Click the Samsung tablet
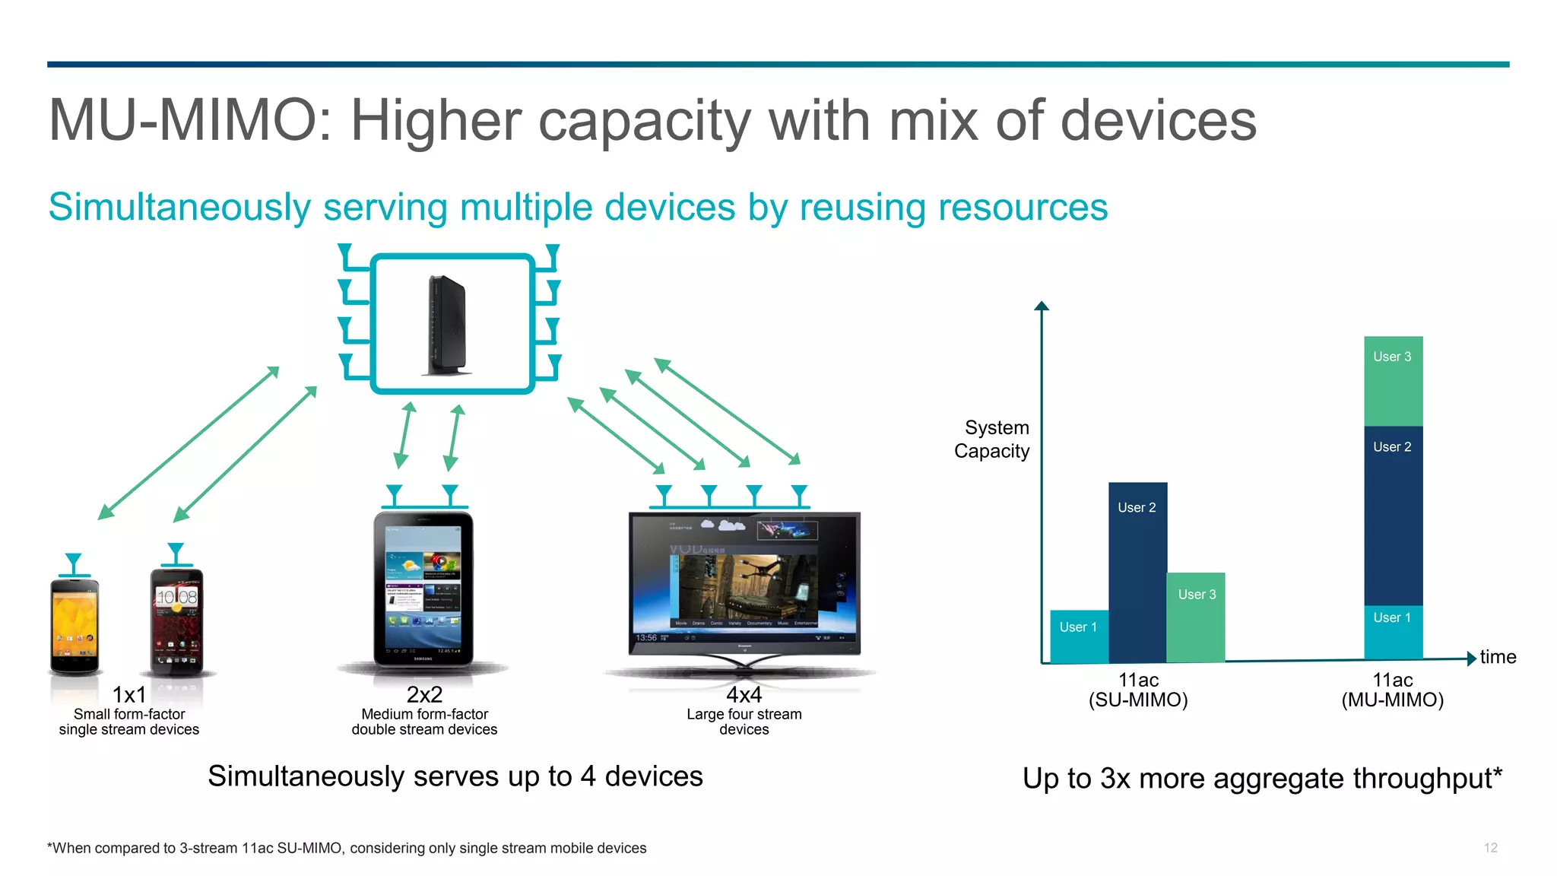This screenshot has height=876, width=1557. (x=423, y=589)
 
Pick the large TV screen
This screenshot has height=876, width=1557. (x=744, y=582)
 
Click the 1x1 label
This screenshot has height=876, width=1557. (x=129, y=694)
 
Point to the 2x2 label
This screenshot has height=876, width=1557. (x=424, y=694)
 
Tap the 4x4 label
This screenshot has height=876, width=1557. (x=744, y=694)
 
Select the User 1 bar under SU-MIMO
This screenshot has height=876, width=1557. (x=1079, y=636)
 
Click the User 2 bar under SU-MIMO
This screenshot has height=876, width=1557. (x=1137, y=572)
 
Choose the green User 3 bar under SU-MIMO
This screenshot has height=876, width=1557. (x=1196, y=617)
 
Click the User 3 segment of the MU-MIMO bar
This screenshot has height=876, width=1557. (x=1393, y=380)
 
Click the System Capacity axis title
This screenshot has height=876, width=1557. (x=992, y=439)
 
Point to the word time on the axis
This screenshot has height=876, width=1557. (x=1498, y=657)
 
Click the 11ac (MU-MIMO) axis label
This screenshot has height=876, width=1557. (x=1392, y=690)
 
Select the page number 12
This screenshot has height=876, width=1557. (x=1490, y=847)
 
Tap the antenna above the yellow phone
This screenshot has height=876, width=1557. (x=73, y=564)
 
